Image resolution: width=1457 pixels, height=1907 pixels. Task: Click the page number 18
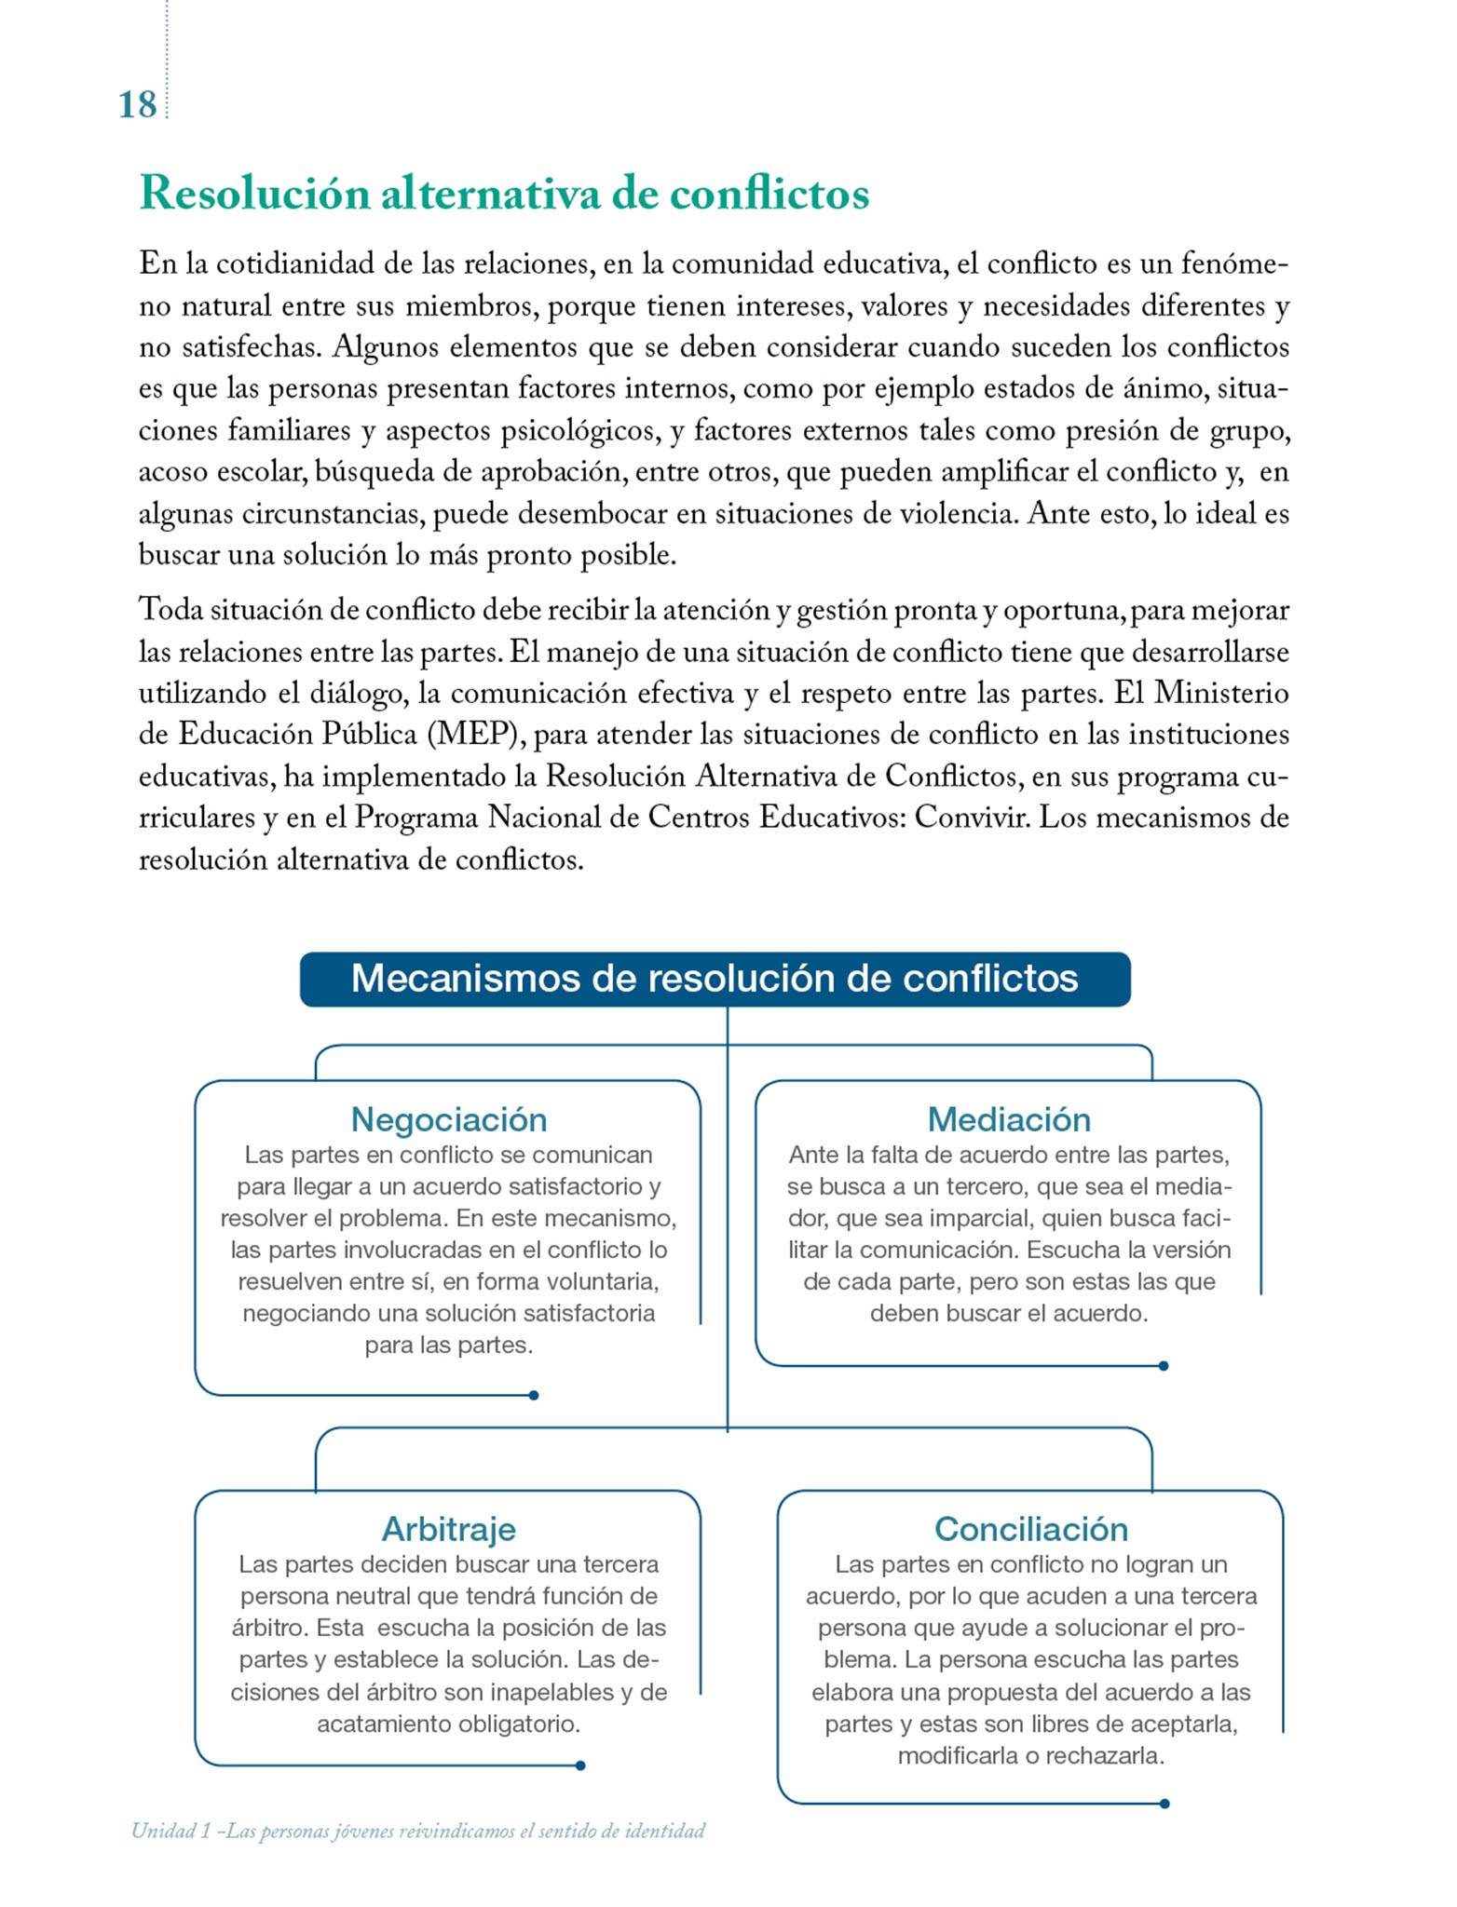(x=137, y=104)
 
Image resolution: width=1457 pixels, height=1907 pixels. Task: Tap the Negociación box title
(x=448, y=1118)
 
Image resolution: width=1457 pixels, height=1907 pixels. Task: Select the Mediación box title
(x=1009, y=1118)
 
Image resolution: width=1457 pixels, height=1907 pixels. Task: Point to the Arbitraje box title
(x=448, y=1529)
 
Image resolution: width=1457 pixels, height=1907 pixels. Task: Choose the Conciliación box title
(x=1031, y=1529)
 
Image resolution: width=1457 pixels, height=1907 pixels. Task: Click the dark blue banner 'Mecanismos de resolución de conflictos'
(x=715, y=979)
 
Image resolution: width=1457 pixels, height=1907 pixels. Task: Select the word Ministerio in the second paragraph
(x=1221, y=693)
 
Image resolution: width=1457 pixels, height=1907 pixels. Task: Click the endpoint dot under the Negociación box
(x=534, y=1395)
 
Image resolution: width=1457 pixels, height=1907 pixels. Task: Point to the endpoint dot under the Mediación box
(x=1164, y=1366)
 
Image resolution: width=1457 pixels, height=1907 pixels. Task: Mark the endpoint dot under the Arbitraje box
(x=580, y=1765)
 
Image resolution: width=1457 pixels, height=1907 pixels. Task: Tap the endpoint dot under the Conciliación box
(x=1164, y=1804)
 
